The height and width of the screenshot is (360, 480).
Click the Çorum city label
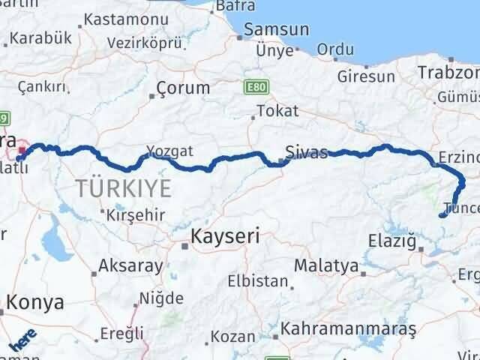(x=183, y=88)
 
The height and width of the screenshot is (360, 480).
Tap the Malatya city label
(x=325, y=265)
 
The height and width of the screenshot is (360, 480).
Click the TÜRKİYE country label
(x=122, y=187)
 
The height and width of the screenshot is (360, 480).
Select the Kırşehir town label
(x=141, y=213)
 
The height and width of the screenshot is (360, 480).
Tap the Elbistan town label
(x=259, y=282)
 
